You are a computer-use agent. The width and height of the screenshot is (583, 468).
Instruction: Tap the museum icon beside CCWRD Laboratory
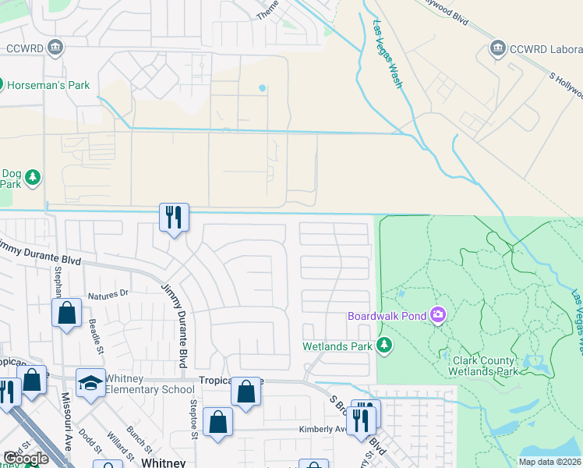click(x=497, y=50)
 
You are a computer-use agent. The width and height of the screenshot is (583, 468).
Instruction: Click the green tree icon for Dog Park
click(x=32, y=178)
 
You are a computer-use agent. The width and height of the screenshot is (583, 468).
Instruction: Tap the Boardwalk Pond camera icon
click(x=438, y=315)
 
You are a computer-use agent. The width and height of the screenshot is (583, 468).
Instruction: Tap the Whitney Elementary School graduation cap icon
click(x=90, y=383)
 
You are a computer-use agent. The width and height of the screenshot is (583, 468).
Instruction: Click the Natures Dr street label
click(x=108, y=296)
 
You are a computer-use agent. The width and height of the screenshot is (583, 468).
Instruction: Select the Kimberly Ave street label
click(x=323, y=429)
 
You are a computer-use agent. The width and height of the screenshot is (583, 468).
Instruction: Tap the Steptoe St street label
click(x=194, y=422)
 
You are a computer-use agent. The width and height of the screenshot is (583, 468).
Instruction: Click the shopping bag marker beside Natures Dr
click(x=67, y=314)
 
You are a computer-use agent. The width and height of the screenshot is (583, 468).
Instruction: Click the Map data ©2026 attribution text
click(x=549, y=462)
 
